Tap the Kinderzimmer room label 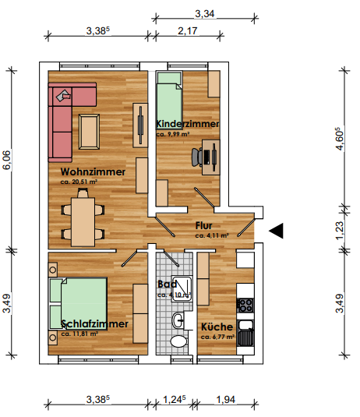tap(187, 124)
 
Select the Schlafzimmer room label tap(94, 323)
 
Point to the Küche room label tap(216, 327)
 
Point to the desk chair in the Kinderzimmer tap(196, 156)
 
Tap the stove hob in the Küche tap(246, 303)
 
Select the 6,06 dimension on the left tap(9, 161)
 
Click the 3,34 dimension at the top tap(204, 13)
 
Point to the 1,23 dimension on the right tap(339, 231)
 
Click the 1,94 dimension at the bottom tap(226, 400)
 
